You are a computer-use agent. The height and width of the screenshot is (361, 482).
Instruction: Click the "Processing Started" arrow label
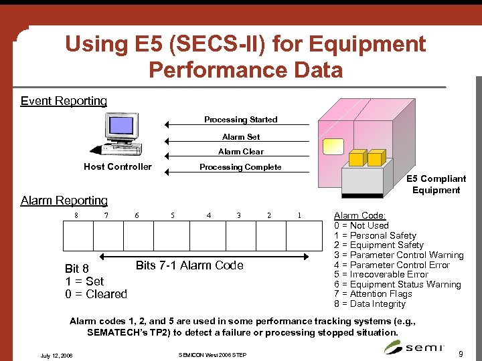(x=240, y=120)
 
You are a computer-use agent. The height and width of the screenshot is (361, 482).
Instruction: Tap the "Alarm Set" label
(x=241, y=136)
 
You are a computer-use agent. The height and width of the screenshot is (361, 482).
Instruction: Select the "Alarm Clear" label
(x=241, y=152)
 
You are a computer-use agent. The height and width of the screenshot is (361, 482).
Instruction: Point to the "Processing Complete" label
(x=240, y=167)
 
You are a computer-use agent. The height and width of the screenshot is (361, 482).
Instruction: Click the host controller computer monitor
(x=120, y=126)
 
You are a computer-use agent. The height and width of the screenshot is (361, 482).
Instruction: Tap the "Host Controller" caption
(x=118, y=166)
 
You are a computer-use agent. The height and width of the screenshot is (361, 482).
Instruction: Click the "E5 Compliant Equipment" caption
(x=436, y=184)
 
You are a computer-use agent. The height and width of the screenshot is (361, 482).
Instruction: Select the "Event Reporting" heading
(x=64, y=101)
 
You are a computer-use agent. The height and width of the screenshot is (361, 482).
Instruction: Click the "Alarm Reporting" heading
(x=64, y=201)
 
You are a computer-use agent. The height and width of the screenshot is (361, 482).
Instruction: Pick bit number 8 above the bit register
(x=76, y=215)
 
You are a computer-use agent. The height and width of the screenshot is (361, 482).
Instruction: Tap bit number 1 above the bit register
(x=299, y=215)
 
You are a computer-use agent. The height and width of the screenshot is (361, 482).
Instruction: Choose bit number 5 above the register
(x=173, y=215)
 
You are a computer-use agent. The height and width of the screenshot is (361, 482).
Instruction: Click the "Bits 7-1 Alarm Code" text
(x=189, y=265)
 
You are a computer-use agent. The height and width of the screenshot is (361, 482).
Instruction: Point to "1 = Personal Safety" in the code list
(x=375, y=235)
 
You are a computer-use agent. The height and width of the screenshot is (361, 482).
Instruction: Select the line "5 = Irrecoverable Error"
(x=381, y=274)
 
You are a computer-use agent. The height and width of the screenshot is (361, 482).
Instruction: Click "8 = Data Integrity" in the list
(x=370, y=304)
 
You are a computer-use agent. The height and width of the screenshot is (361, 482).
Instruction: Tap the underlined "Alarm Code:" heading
(x=359, y=216)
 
